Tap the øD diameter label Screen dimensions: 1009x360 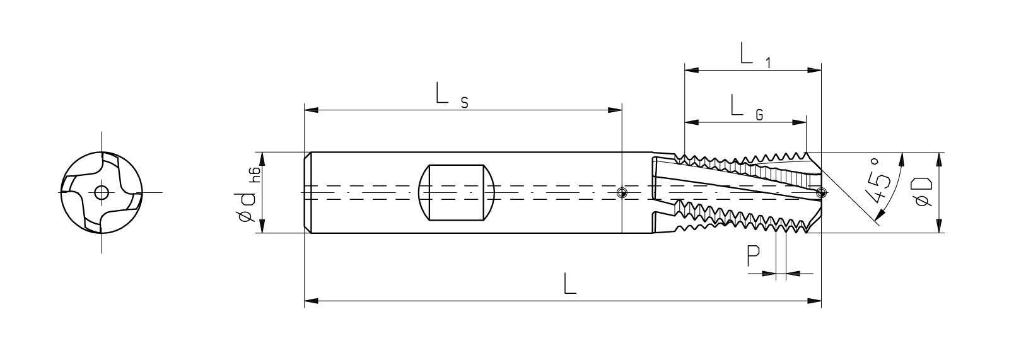coord(921,192)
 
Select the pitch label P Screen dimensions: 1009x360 coord(753,256)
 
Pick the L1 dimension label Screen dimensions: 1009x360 coord(755,55)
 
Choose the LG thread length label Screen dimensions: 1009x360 coord(747,107)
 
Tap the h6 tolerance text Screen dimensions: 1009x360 coord(255,174)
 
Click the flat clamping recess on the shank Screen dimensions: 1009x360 coord(457,192)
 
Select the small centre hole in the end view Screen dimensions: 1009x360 coord(101,192)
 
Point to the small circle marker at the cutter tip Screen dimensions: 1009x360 coord(822,193)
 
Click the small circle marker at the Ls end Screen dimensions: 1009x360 coord(622,193)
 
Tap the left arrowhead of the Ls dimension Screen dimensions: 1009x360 coord(312,110)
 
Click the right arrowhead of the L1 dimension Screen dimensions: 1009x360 coord(814,70)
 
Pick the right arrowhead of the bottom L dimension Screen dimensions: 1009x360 coord(814,301)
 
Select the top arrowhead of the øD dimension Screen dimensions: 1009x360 coord(940,160)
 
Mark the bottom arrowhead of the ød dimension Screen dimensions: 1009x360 coord(262,226)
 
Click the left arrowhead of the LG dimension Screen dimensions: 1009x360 coord(691,122)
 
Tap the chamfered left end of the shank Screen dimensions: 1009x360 coord(308,193)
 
